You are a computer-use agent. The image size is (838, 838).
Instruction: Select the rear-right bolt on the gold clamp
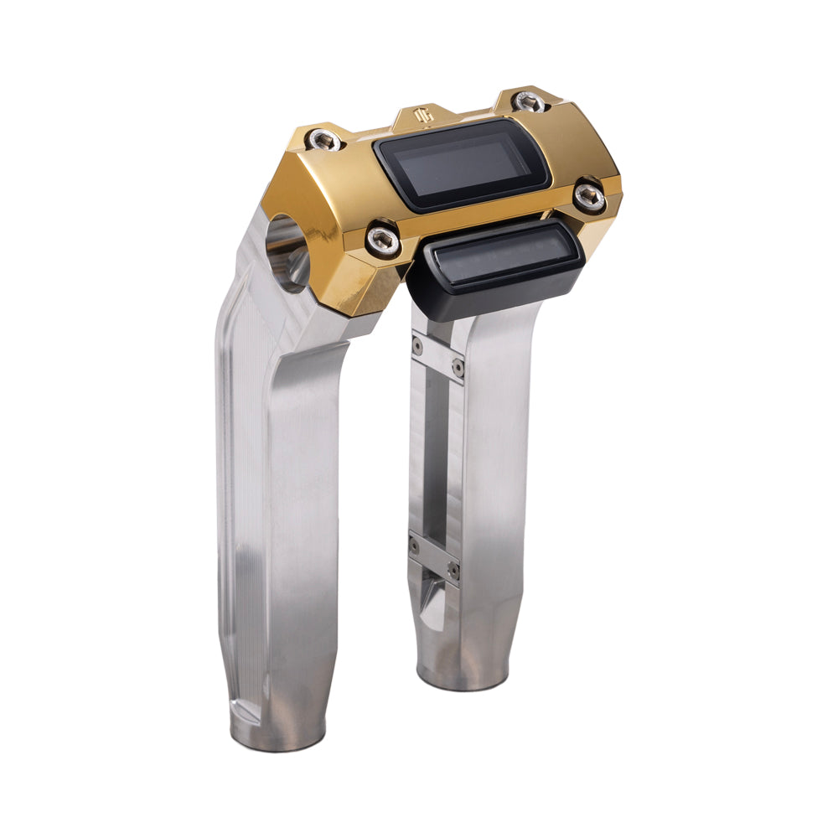(x=526, y=101)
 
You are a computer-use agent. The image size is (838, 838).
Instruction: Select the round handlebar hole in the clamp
(x=285, y=251)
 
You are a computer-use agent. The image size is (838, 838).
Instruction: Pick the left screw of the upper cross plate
(x=417, y=344)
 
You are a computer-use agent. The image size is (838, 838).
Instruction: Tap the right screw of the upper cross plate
(x=458, y=367)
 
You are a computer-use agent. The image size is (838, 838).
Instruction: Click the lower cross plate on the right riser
(x=434, y=556)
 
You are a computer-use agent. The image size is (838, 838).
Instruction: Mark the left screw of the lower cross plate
(x=415, y=546)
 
